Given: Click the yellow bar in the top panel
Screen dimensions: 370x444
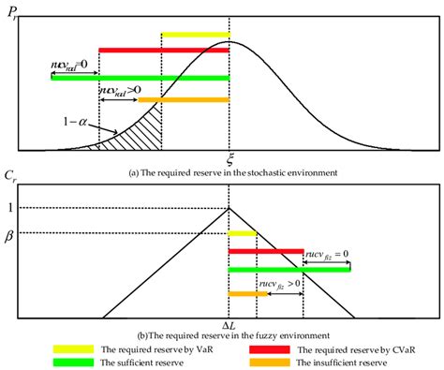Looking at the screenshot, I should pos(195,36).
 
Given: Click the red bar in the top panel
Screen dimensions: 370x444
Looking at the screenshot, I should pos(164,50).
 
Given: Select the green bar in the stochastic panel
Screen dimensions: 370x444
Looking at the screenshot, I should pos(141,78).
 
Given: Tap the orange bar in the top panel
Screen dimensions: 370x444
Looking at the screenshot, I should pos(196,99).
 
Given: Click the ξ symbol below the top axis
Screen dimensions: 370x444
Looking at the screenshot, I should pos(229,160).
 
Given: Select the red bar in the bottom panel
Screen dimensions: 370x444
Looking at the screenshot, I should pos(266,251).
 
